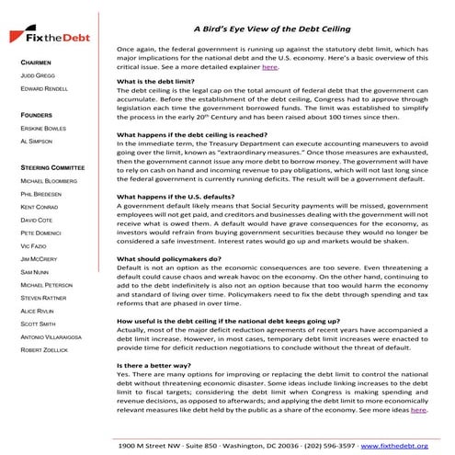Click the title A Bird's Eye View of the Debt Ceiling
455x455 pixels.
pos(272,28)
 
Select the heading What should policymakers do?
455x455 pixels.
pos(167,259)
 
